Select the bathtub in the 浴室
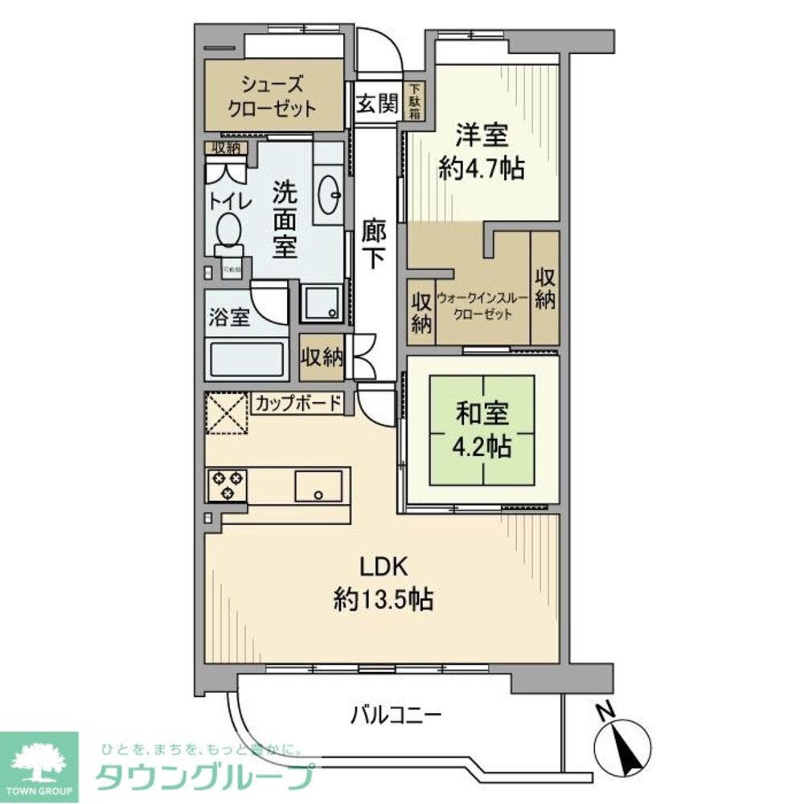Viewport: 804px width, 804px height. point(247,359)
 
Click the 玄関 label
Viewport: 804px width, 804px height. point(376,105)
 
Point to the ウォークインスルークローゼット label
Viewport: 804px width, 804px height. point(482,306)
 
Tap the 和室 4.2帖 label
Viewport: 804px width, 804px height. point(483,430)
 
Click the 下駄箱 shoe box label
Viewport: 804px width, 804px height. point(415,102)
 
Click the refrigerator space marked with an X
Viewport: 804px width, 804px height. point(227,412)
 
